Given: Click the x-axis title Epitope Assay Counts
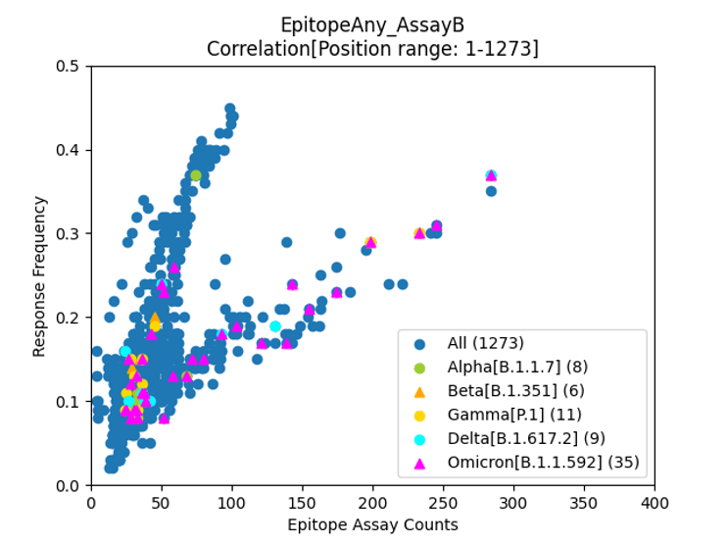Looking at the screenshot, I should point(372,524).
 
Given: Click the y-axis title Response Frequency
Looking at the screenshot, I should point(40,275).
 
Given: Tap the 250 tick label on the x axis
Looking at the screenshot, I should point(444,504).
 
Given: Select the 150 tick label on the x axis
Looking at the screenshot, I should point(303,504).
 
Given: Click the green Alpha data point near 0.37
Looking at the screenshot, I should point(196,175).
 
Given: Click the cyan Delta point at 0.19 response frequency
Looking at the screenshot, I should point(275,326).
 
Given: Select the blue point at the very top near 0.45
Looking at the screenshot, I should point(229,109).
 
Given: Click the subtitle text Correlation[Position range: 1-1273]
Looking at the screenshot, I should point(372,47).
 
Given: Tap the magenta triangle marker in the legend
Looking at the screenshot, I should point(420,464).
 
